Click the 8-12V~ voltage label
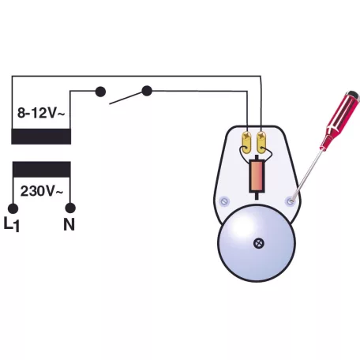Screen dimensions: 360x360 pos(41,113)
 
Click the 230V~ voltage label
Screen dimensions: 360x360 pos(42,191)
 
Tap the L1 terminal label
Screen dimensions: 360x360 pos(12,224)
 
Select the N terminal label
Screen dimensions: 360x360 pos(69,224)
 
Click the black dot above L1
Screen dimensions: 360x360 pos(13,208)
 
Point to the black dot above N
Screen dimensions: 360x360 pos(70,208)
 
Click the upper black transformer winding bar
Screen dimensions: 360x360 pos(41,137)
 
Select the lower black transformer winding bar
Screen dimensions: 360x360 pos(42,169)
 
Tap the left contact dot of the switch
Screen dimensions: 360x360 pos(100,92)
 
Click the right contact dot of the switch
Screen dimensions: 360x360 pos(147,91)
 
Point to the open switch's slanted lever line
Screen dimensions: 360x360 pos(126,98)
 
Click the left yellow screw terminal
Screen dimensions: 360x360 pos(247,142)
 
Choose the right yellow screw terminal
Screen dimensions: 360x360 pos(261,142)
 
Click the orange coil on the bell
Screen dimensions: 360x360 pos(257,175)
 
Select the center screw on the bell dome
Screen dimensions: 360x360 pos(259,243)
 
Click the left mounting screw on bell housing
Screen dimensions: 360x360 pos(224,201)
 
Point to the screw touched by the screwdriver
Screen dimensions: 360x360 pos(290,201)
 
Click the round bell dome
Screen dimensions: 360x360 pos(257,243)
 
